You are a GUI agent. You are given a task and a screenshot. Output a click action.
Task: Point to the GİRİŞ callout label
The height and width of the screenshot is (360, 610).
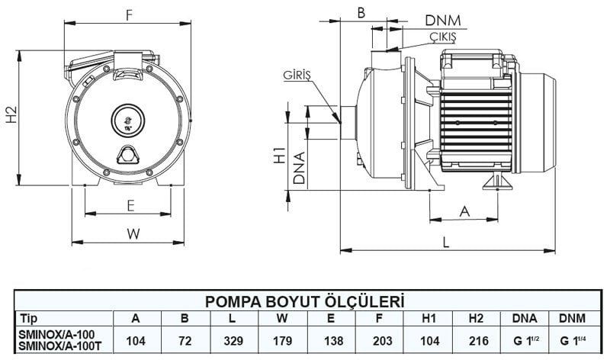point(300,76)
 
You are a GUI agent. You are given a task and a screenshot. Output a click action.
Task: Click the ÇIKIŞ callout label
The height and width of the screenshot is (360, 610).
point(440,36)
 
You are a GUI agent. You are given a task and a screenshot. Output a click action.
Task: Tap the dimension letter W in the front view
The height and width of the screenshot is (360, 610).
point(132,234)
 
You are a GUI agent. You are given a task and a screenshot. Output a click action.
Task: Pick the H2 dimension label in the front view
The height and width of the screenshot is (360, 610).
point(10,116)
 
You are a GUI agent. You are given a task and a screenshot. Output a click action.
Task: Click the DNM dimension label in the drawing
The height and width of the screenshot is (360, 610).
point(441,19)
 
